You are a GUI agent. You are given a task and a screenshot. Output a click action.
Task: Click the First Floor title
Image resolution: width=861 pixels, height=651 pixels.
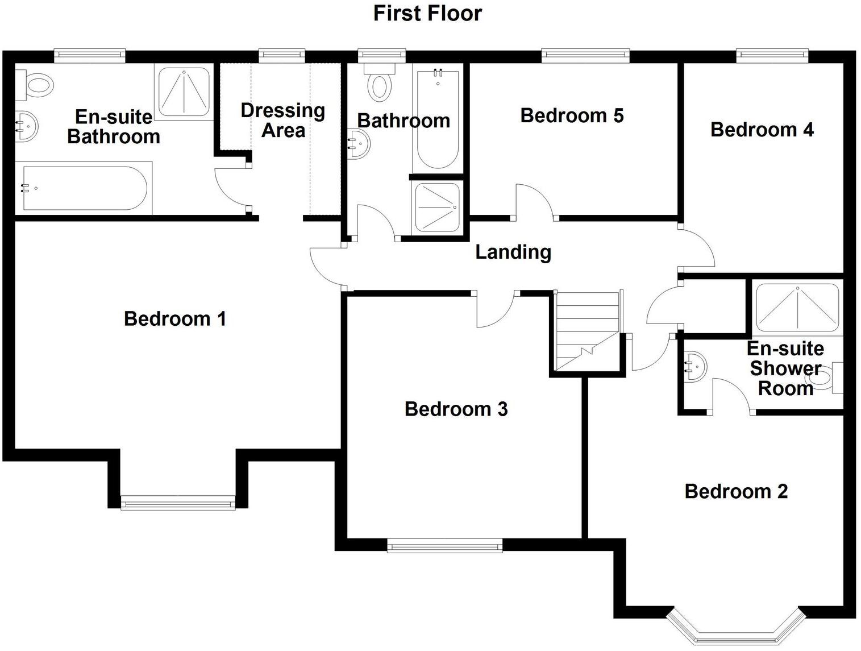[x=427, y=13]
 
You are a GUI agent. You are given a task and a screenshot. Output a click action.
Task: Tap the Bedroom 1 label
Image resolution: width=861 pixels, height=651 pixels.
[x=175, y=318]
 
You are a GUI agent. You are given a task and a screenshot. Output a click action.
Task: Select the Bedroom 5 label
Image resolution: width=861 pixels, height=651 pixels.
[x=572, y=115]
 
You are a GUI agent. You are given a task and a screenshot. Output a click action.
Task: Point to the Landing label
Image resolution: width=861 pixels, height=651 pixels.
[x=513, y=252]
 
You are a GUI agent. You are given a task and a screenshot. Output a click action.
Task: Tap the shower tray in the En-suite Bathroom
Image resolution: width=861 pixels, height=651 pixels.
[x=183, y=92]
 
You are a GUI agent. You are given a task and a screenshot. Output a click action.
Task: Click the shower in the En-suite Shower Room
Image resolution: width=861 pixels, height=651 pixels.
[x=797, y=308]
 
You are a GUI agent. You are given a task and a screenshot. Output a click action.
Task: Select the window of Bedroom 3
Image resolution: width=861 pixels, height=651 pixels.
[x=444, y=546]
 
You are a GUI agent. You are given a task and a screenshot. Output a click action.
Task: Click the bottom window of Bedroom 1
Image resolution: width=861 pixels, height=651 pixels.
[x=178, y=502]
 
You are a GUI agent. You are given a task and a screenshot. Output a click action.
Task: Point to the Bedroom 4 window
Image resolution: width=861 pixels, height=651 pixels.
[x=772, y=55]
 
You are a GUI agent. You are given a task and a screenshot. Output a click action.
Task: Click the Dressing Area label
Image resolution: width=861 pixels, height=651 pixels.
[x=282, y=120]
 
